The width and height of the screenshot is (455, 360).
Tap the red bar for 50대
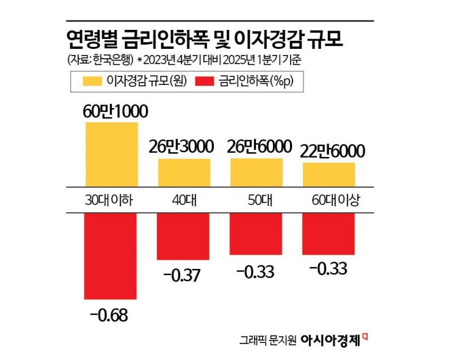(257, 233)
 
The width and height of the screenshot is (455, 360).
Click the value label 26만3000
(184, 147)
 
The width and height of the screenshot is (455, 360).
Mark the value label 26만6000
(257, 147)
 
